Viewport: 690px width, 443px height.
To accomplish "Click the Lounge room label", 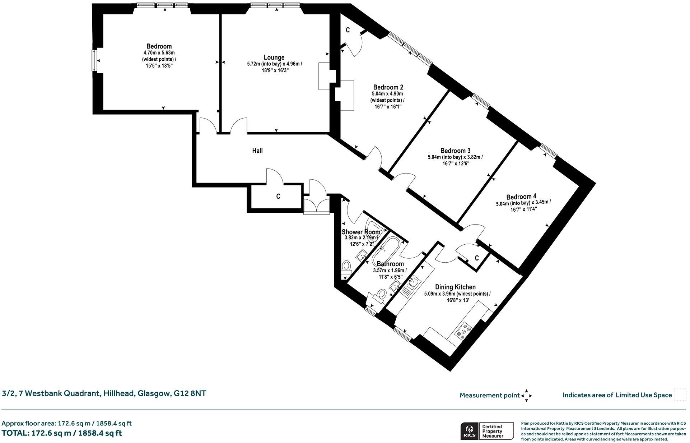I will [x=274, y=57].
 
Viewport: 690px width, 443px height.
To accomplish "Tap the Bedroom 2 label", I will [x=388, y=87].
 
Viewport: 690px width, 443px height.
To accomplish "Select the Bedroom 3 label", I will [x=455, y=151].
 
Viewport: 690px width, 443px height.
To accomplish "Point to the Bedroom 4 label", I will [x=521, y=197].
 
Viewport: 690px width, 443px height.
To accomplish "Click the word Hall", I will [x=257, y=151].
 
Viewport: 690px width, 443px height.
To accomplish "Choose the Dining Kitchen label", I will [x=455, y=287].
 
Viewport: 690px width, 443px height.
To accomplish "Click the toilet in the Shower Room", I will [x=346, y=267].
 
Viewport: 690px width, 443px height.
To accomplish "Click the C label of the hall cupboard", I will [x=278, y=196].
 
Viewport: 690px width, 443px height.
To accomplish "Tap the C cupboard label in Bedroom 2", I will [x=348, y=30].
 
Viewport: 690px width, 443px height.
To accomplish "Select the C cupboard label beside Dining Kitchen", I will [x=477, y=258].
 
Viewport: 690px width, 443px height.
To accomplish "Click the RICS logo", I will [x=469, y=430].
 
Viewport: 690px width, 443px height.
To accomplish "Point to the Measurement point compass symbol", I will [x=526, y=396].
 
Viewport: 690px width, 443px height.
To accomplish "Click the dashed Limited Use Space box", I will [x=680, y=394].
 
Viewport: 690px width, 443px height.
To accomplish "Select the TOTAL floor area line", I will [x=62, y=433].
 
